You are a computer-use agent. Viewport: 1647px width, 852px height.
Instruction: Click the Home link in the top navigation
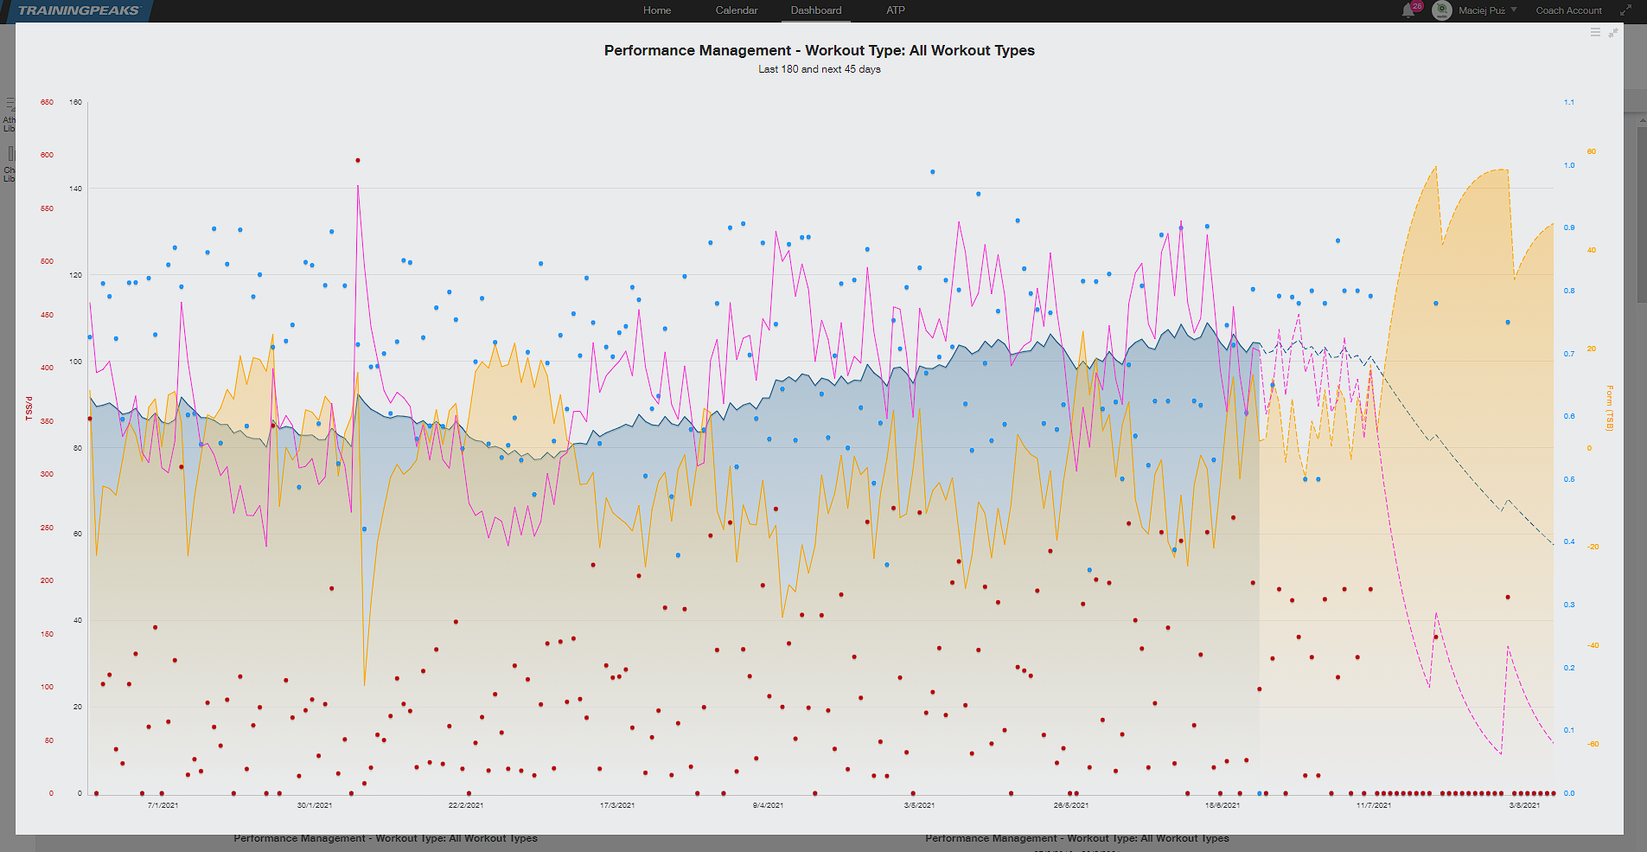656,10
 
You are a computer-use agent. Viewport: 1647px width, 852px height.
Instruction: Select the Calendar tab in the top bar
736,10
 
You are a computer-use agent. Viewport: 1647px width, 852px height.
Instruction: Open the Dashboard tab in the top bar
815,10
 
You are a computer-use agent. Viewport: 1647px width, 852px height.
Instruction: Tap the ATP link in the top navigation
895,10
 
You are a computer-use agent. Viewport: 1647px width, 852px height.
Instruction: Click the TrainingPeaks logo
78,10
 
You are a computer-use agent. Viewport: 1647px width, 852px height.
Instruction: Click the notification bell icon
1408,11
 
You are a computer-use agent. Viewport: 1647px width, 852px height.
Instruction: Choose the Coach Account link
1568,10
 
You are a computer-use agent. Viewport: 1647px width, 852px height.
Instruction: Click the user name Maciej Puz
1481,10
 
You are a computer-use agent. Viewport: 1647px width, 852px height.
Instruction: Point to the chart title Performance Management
819,50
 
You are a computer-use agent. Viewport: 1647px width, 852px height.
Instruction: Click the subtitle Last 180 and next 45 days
819,69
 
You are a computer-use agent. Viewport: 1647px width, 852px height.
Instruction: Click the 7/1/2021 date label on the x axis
163,805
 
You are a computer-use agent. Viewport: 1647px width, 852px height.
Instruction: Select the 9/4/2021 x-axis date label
768,805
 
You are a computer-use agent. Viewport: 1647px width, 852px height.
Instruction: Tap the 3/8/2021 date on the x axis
1524,805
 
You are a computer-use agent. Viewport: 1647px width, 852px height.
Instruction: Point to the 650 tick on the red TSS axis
47,102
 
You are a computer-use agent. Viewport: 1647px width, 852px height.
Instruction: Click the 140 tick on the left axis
76,189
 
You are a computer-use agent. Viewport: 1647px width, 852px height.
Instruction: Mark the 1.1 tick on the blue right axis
1568,102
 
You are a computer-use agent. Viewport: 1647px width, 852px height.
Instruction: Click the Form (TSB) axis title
1609,407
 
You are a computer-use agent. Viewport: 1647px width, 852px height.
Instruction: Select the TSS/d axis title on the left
29,408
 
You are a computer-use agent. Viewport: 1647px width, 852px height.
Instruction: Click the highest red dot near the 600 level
357,160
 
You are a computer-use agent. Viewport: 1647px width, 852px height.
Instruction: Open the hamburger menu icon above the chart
1595,32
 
